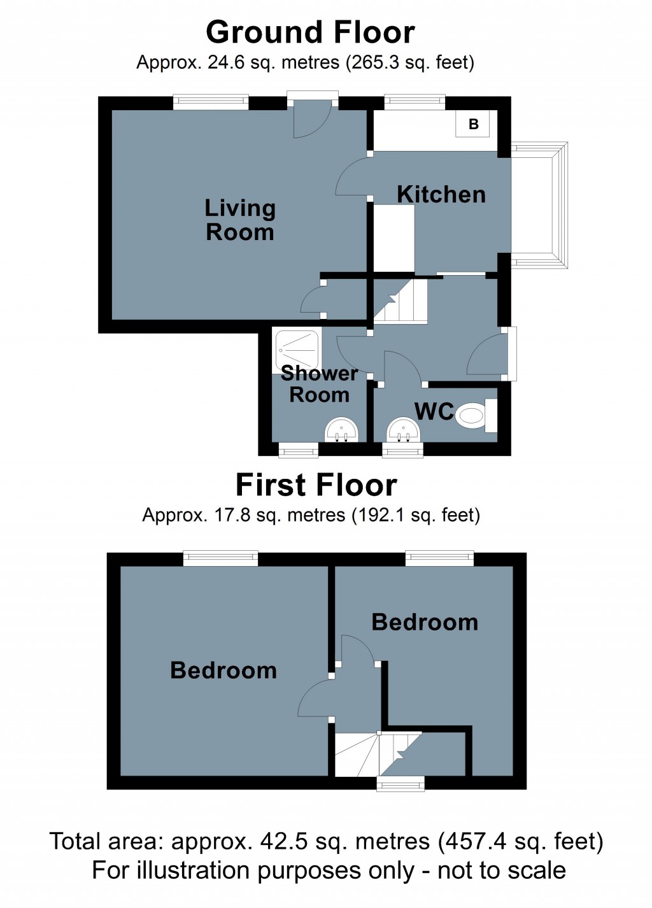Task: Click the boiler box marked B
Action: pyautogui.click(x=472, y=124)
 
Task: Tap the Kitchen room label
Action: pyautogui.click(x=441, y=195)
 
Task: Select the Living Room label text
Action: pyautogui.click(x=240, y=220)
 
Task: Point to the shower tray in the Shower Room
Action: pyautogui.click(x=298, y=351)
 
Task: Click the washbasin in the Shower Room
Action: pyautogui.click(x=342, y=430)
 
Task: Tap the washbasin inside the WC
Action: pyautogui.click(x=404, y=430)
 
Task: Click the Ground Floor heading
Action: pyautogui.click(x=310, y=32)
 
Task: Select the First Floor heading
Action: pyautogui.click(x=316, y=485)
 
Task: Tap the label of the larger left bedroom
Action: pyautogui.click(x=223, y=670)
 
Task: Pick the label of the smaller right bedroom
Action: pyautogui.click(x=425, y=622)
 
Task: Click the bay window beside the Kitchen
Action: pyautogui.click(x=539, y=204)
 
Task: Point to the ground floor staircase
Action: pyautogui.click(x=400, y=301)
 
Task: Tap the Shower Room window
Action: pyautogui.click(x=298, y=450)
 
